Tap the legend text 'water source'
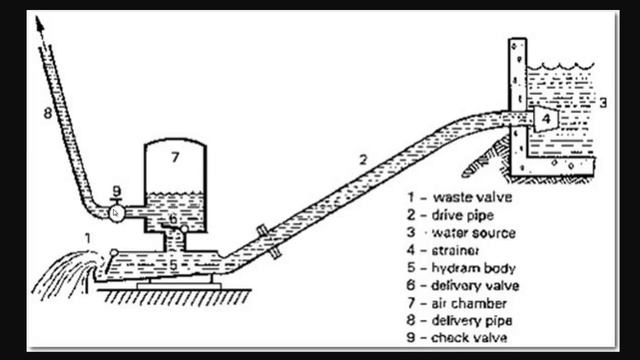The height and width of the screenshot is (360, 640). pos(476,233)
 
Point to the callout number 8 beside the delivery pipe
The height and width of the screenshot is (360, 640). pos(47,114)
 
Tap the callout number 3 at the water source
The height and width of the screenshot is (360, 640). pos(604,102)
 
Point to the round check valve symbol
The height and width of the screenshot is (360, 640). pos(118,211)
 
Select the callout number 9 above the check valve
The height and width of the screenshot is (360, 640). pos(117,190)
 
